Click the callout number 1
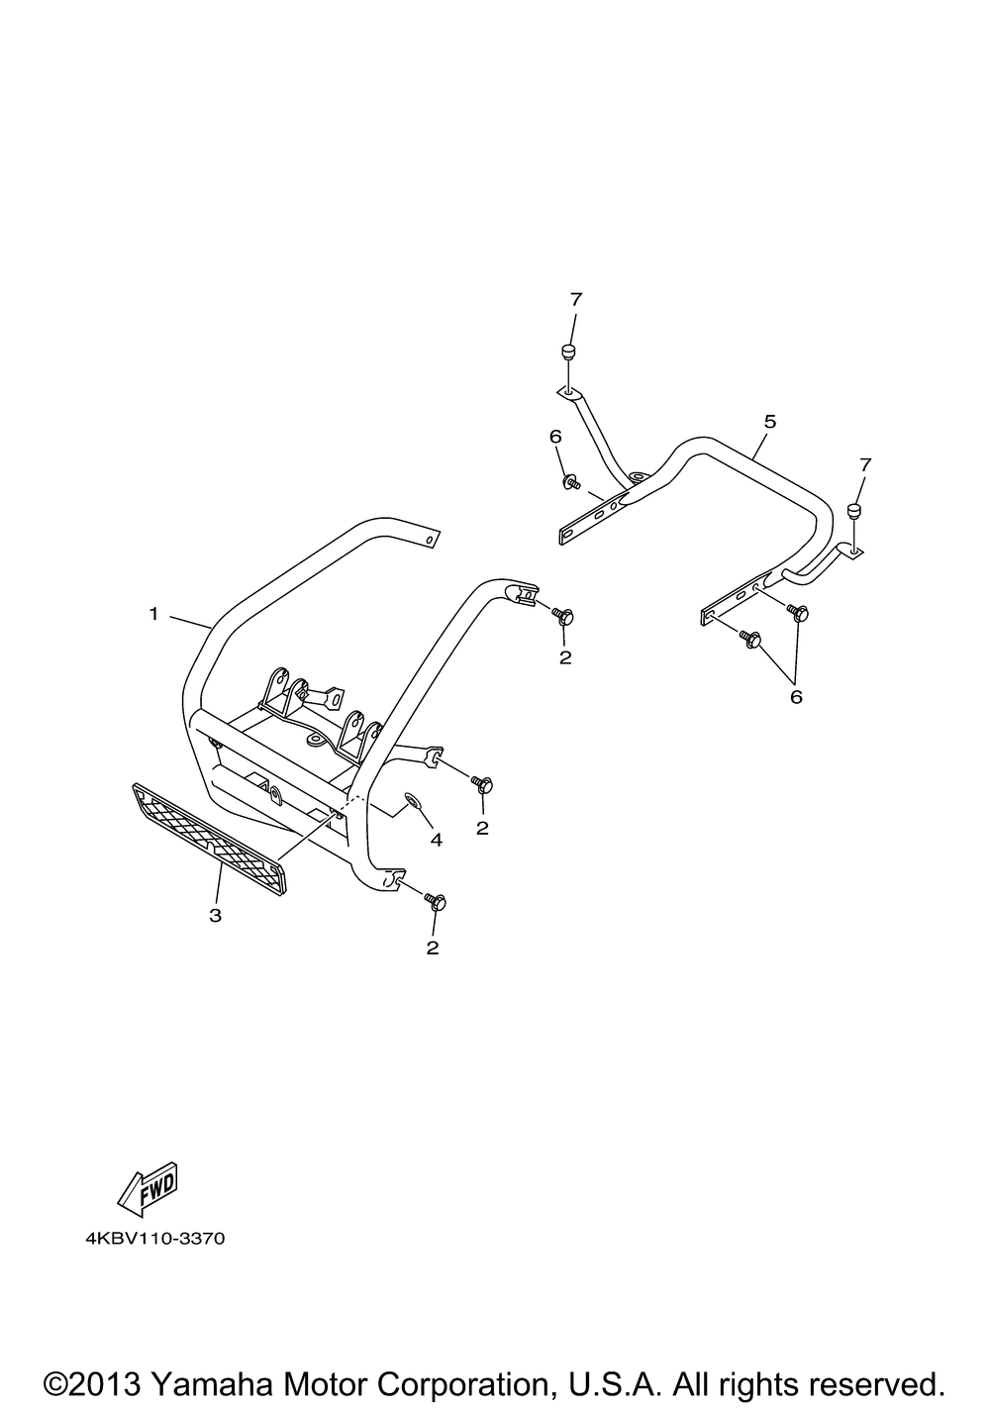tap(153, 614)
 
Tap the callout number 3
tap(215, 915)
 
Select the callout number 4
tap(436, 840)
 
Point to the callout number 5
tap(769, 422)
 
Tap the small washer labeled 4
tap(413, 800)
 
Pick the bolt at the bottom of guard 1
tap(435, 900)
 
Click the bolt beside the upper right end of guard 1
tap(563, 616)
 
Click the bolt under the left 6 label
tap(571, 482)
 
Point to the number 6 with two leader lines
tap(795, 696)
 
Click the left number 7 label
tap(575, 298)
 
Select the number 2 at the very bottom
tap(432, 948)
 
